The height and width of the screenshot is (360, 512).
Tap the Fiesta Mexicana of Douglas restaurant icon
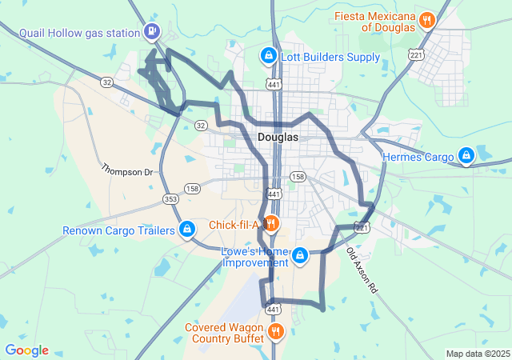pos(427,20)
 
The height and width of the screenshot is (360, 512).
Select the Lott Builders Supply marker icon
pos(268,56)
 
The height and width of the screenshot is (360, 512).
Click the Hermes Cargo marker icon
pos(466,157)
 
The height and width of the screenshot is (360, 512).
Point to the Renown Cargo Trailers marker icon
pos(186,230)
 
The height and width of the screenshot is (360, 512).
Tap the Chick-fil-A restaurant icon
pos(270,224)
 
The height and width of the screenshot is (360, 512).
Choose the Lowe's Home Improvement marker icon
pos(299,256)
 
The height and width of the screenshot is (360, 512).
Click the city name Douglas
pos(278,137)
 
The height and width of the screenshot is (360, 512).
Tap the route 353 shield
pos(170,198)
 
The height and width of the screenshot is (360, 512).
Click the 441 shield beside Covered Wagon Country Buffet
pos(273,309)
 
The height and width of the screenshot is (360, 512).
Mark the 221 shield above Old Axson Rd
pos(362,228)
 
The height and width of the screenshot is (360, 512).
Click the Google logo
pos(26,350)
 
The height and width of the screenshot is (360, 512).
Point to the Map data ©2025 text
pos(478,354)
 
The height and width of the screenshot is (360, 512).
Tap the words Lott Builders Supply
pos(330,57)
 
